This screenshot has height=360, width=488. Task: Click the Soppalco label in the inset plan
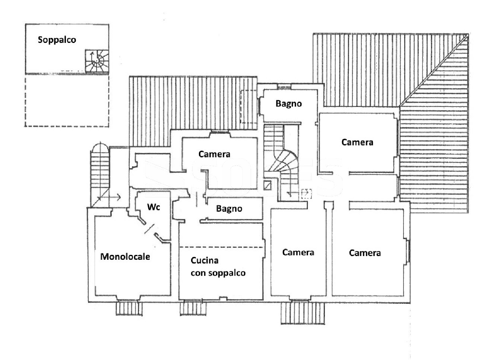tap(57, 40)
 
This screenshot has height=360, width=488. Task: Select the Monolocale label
tap(125, 256)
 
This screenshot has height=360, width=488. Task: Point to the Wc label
tap(153, 207)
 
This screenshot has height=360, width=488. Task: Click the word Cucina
tap(205, 260)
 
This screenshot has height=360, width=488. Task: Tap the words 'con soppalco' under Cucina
tap(218, 273)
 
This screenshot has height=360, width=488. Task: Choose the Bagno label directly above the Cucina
tap(229, 209)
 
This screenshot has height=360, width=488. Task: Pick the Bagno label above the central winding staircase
tap(288, 104)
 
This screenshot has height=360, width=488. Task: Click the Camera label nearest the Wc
tap(214, 154)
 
